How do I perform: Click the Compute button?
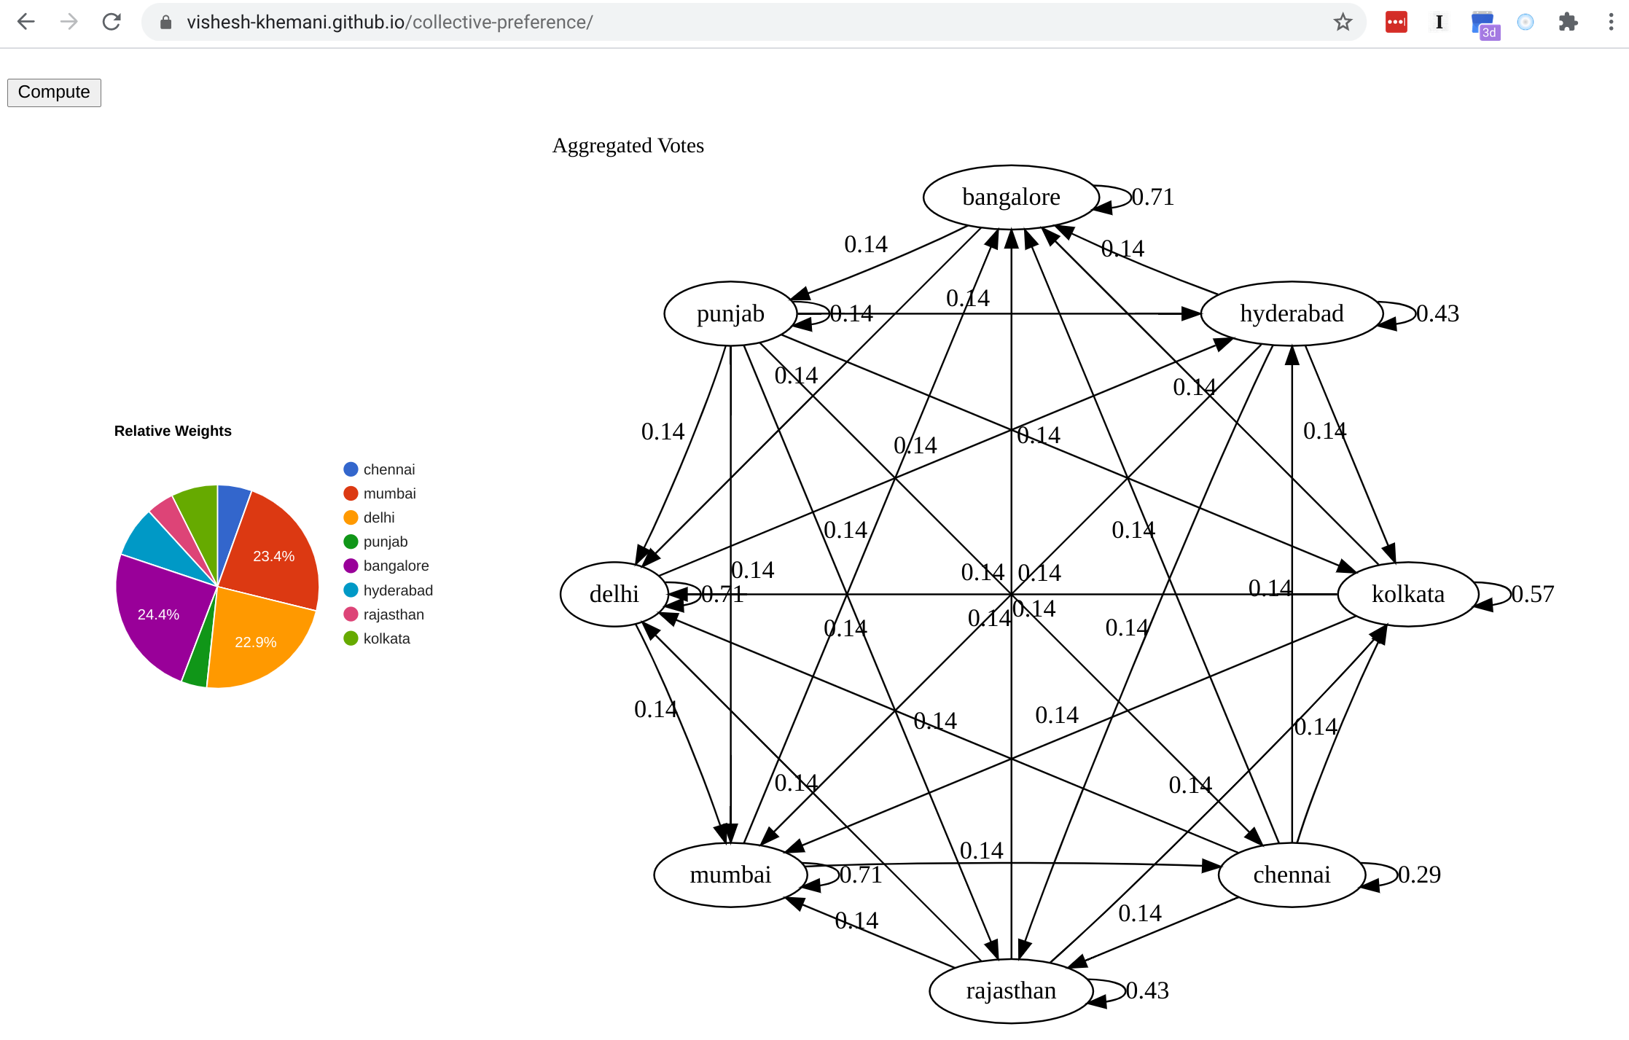point(54,93)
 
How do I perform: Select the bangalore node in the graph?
point(1011,197)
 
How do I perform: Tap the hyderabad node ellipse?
point(1292,313)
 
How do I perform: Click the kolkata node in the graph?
point(1407,594)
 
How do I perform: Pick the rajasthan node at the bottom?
point(1011,991)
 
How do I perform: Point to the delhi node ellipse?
point(614,594)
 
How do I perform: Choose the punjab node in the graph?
point(730,313)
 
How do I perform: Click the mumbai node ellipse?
point(730,875)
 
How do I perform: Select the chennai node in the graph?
point(1292,875)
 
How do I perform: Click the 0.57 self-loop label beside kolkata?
point(1533,594)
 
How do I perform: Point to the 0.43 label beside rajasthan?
point(1147,990)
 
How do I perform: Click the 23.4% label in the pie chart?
point(273,556)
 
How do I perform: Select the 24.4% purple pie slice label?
point(158,614)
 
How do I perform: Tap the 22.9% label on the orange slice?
point(255,642)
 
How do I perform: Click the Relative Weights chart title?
point(173,431)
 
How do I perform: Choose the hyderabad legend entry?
point(388,590)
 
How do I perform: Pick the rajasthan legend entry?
point(384,614)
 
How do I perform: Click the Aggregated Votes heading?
point(628,146)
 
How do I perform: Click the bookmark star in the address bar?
point(1343,23)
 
